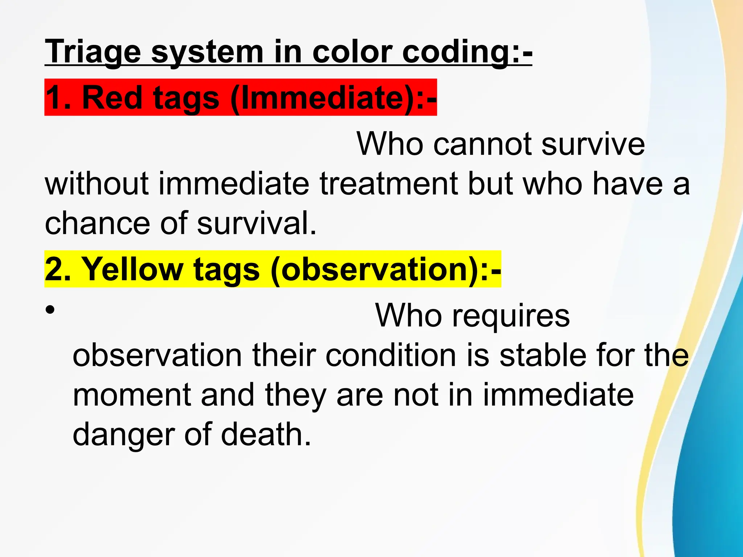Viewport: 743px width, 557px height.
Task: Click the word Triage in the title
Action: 93,53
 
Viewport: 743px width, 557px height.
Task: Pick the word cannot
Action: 483,144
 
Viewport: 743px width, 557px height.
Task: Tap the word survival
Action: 256,223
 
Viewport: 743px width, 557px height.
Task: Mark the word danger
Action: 124,435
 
